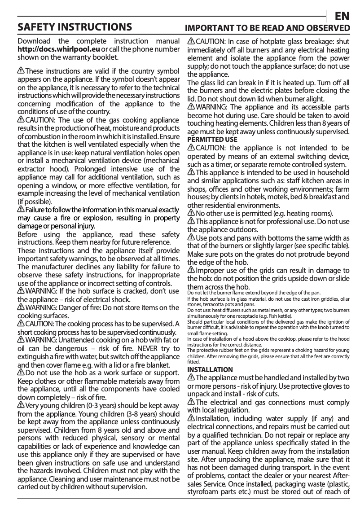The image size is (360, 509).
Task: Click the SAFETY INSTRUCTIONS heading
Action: (75, 27)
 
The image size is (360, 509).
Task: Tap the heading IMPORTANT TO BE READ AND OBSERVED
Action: (268, 28)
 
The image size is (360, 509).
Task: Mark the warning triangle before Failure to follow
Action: (21, 210)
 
